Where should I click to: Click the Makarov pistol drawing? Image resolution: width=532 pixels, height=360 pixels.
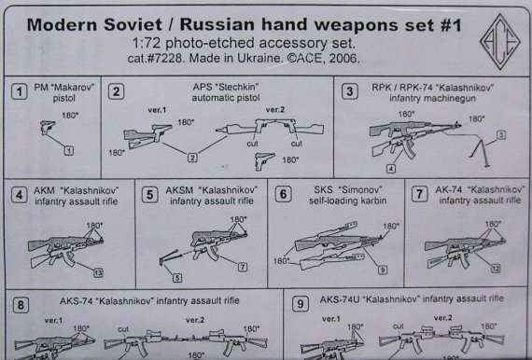(50, 126)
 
